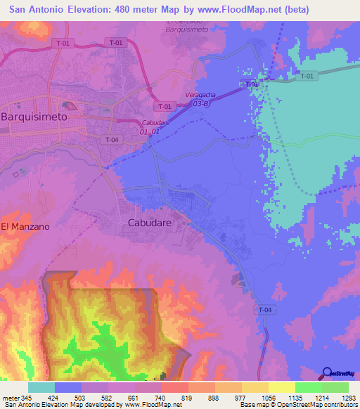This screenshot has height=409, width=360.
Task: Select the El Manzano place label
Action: (25, 226)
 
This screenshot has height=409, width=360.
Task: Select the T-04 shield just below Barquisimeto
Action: (112, 139)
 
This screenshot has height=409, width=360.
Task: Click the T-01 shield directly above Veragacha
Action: (165, 106)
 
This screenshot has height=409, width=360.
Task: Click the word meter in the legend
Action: (11, 397)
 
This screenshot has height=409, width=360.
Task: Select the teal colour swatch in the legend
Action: (41, 387)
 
